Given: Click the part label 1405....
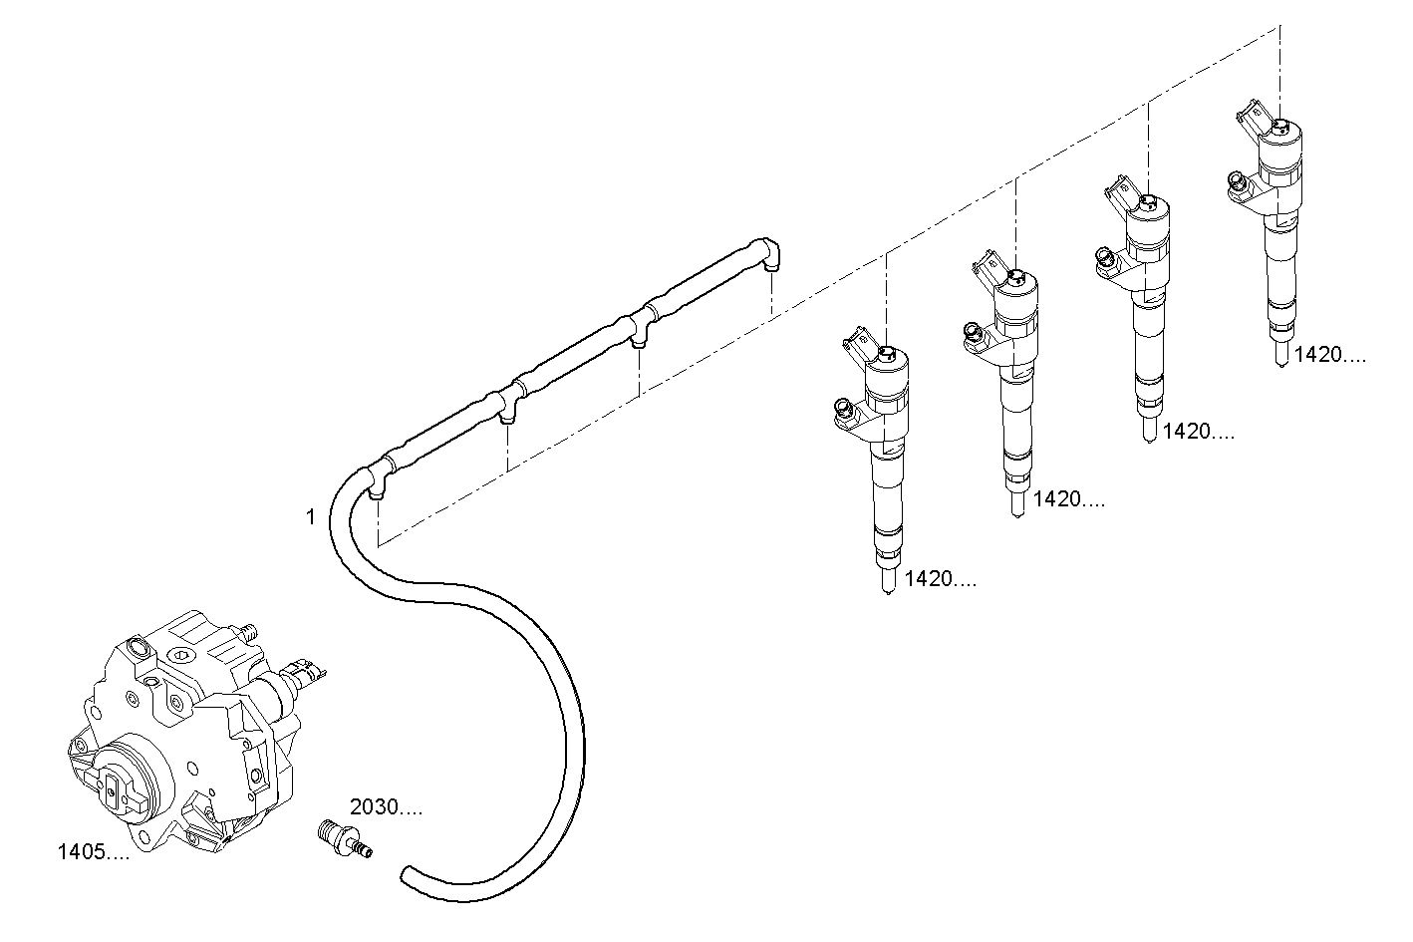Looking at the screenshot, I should [93, 852].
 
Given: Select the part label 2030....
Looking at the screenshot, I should [385, 807].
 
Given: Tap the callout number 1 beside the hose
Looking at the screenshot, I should [310, 516].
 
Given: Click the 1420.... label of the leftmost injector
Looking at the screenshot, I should [940, 580].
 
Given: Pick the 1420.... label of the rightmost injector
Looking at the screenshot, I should [1329, 355].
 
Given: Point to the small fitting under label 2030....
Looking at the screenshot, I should [342, 837].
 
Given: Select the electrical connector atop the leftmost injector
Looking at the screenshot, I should [855, 341].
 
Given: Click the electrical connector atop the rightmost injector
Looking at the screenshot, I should [1250, 114].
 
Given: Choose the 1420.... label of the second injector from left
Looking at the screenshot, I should [1069, 499].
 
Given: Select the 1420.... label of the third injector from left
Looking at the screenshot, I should [1199, 432].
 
